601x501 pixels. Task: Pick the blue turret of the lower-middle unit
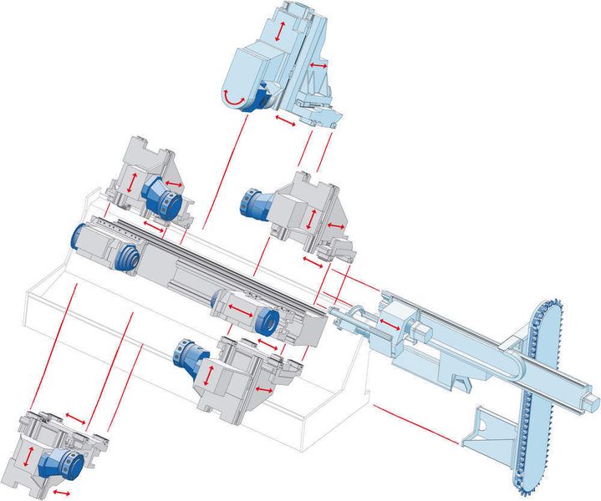click(188, 357)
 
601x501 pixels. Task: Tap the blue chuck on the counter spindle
click(267, 318)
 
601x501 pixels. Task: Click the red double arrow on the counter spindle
click(240, 310)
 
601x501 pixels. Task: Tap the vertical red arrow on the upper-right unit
click(311, 220)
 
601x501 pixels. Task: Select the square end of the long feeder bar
click(593, 405)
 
